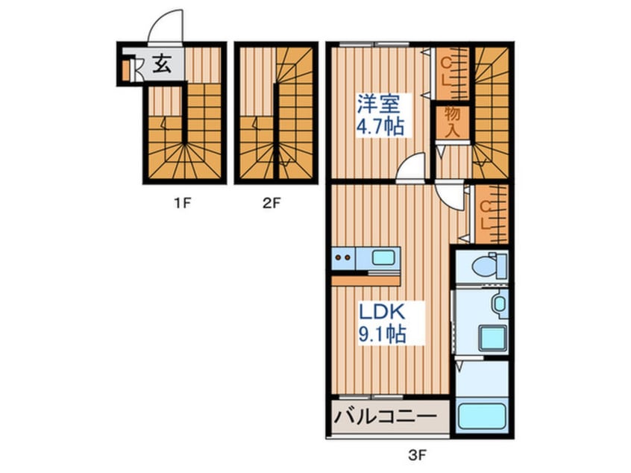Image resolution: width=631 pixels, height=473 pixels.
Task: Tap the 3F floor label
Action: point(417,454)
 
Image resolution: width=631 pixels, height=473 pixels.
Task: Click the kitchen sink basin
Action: point(383,258)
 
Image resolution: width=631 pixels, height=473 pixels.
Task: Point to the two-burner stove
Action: point(344,258)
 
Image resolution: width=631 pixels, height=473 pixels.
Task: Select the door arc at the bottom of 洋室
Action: point(411,169)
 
